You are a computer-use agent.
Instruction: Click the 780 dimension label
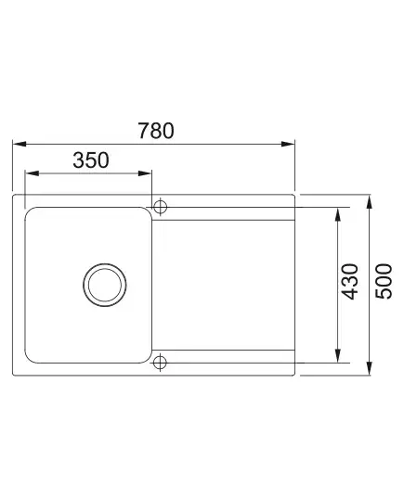pos(156,131)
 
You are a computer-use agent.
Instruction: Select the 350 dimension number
pos(91,160)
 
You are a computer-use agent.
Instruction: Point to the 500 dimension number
pos(384,281)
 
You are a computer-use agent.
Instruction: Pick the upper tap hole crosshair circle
pos(160,207)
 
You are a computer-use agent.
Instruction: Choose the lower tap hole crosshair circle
pos(160,363)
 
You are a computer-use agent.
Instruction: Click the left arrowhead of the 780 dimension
pos(20,144)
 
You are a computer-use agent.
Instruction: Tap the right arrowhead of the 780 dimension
pos(288,144)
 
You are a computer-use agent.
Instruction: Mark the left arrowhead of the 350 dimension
pos(33,173)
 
